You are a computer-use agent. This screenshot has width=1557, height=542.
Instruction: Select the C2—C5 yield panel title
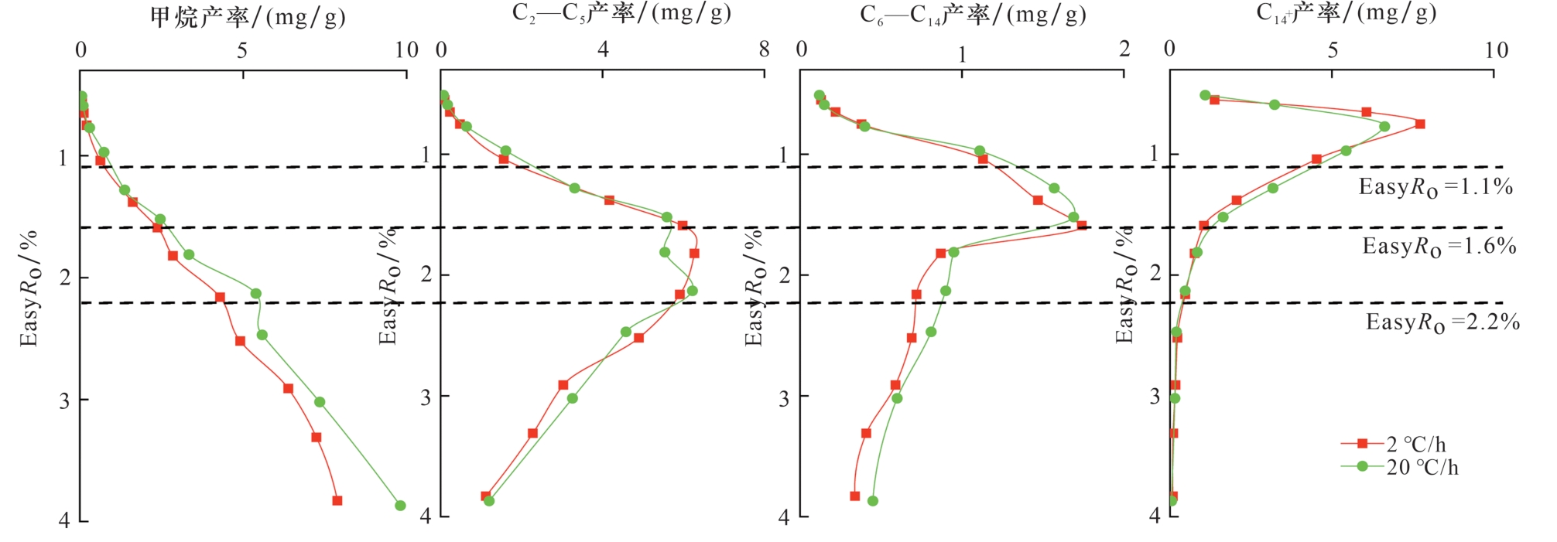pyautogui.click(x=621, y=13)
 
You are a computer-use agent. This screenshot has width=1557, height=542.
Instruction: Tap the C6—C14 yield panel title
pyautogui.click(x=973, y=15)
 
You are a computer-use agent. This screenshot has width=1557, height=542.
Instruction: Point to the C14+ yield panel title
pyautogui.click(x=1347, y=13)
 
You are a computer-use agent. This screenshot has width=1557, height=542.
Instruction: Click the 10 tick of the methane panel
pyautogui.click(x=406, y=50)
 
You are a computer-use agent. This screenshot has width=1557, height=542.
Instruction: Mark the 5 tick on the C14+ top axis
pyautogui.click(x=1333, y=50)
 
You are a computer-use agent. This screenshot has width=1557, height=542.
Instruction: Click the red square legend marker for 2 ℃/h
pyautogui.click(x=1363, y=444)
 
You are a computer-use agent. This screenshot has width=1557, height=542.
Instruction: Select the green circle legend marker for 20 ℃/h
pyautogui.click(x=1363, y=466)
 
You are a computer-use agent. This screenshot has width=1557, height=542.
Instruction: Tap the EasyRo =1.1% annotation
pyautogui.click(x=1436, y=187)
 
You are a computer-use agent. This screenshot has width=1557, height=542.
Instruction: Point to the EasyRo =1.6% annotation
pyautogui.click(x=1439, y=247)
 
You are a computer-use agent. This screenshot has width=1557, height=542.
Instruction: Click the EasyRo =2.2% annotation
pyautogui.click(x=1442, y=322)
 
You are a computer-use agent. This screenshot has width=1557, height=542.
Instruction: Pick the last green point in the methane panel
pyautogui.click(x=400, y=506)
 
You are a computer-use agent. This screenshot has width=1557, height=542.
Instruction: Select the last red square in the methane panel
pyautogui.click(x=337, y=500)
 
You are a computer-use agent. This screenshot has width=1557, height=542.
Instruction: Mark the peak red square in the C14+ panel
pyautogui.click(x=1420, y=124)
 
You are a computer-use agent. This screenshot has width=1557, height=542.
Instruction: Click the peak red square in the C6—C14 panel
pyautogui.click(x=1081, y=226)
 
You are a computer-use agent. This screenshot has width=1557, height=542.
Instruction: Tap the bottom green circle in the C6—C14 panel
pyautogui.click(x=873, y=501)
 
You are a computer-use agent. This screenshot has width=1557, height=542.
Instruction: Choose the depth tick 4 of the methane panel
pyautogui.click(x=64, y=520)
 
